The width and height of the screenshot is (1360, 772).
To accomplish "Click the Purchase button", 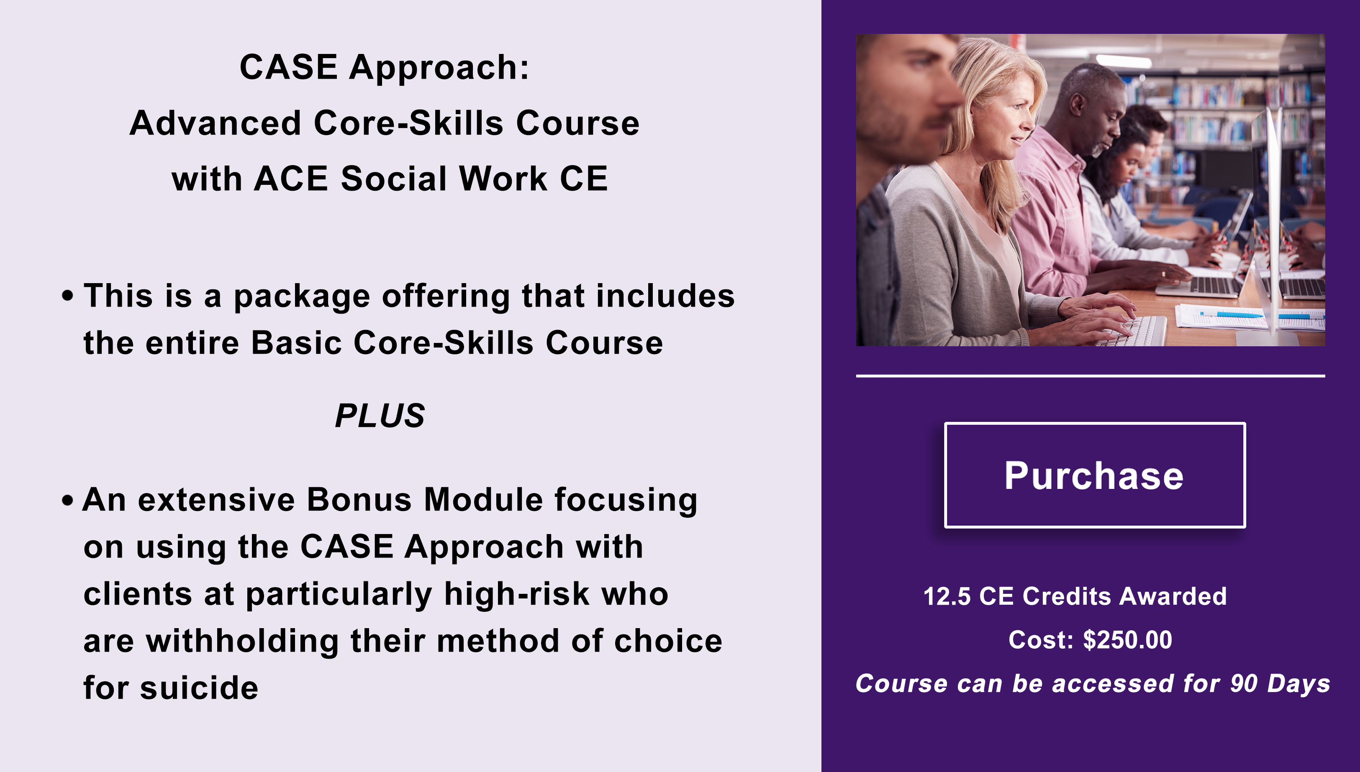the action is pos(1095,475).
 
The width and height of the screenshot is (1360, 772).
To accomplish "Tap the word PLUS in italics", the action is pos(380,415).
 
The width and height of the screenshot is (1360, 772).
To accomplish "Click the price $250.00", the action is pos(1127,639).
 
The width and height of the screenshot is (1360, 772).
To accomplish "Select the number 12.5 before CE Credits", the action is pos(947,596).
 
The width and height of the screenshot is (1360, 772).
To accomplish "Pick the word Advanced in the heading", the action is pos(216,123).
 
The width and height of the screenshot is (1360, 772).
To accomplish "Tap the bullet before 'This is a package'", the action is pos(67,295).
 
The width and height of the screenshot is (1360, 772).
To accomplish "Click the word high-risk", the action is pos(517,594).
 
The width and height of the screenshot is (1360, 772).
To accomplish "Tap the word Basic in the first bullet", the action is pos(296,343).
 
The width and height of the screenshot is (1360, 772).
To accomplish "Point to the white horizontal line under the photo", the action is pos(1091,376).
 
